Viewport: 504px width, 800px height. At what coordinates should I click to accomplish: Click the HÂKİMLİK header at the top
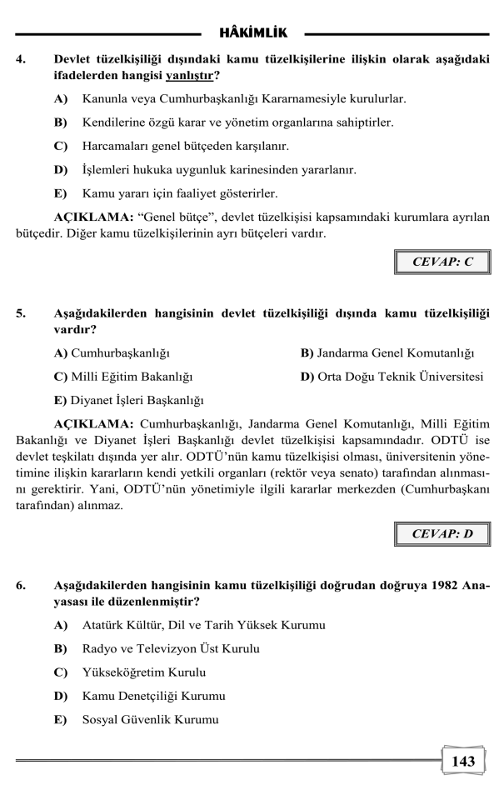252,33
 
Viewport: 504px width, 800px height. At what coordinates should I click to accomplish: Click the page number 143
462,761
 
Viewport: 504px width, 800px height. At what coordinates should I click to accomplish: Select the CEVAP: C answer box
442,261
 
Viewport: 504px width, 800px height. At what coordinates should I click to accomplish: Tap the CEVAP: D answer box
442,532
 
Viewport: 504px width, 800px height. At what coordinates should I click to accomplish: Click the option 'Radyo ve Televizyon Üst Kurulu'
171,648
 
